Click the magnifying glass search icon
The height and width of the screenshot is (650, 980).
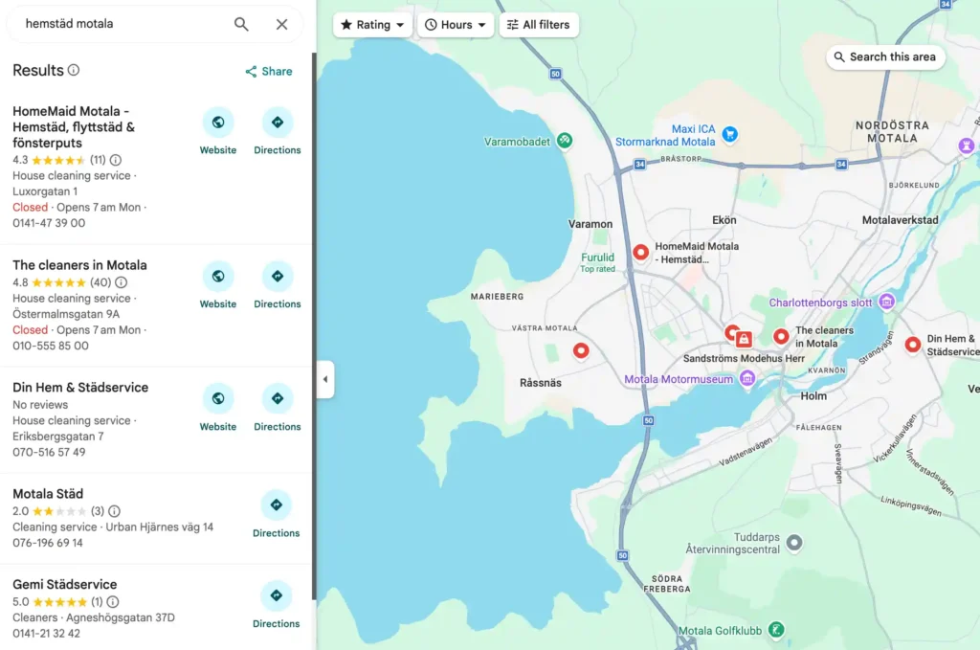tap(241, 24)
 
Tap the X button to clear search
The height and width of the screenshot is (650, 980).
tap(281, 24)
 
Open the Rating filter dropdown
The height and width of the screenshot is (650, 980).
tap(372, 25)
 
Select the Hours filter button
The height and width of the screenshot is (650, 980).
tap(456, 25)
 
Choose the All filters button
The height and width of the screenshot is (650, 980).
tap(538, 25)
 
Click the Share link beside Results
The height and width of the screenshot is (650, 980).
tap(269, 71)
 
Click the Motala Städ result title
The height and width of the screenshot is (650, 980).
tap(48, 494)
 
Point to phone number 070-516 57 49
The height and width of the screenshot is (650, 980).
tap(49, 452)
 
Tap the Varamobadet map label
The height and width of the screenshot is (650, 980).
tap(517, 142)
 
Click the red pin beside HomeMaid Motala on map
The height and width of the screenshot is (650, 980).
tap(640, 252)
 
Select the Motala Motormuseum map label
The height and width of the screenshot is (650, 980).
tap(679, 379)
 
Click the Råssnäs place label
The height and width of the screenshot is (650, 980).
tap(541, 382)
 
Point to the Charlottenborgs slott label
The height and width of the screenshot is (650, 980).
tap(821, 303)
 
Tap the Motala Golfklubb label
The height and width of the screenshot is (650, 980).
tap(720, 630)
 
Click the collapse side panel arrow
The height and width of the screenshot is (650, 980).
tap(325, 379)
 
